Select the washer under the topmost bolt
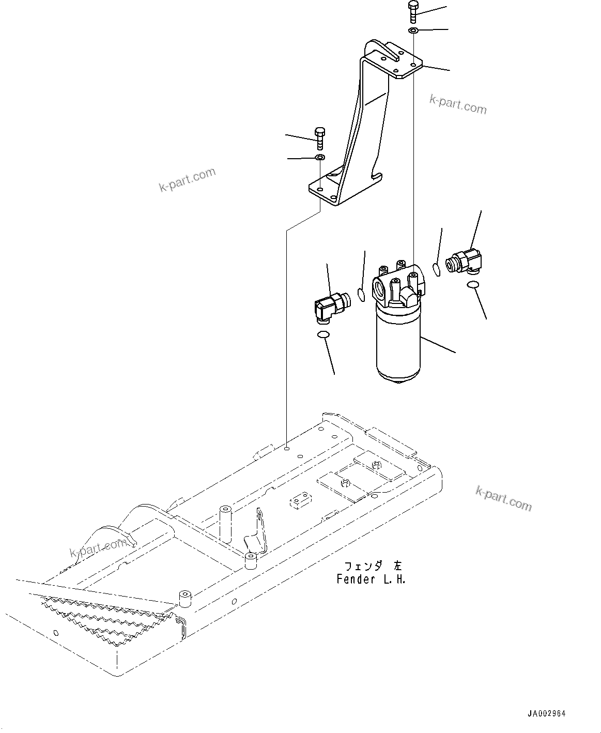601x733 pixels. [413, 32]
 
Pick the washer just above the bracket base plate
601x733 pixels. [320, 157]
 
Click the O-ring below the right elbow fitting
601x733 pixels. [473, 285]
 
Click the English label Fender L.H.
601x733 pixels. [371, 579]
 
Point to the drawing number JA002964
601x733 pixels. [547, 714]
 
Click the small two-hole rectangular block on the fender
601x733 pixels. [300, 501]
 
